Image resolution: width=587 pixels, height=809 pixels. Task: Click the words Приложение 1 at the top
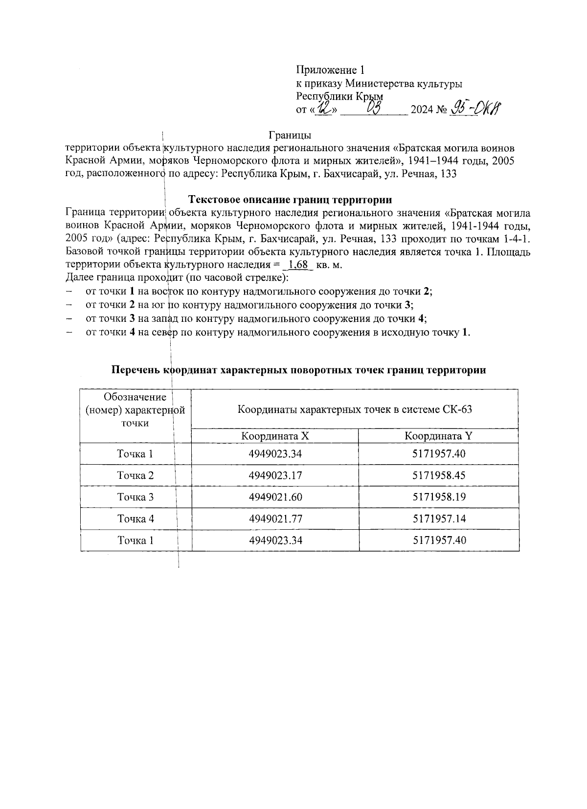tap(331, 70)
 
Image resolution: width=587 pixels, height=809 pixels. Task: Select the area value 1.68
tap(298, 265)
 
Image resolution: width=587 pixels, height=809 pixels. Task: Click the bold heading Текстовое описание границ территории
tap(290, 200)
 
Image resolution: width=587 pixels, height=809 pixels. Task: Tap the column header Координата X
tap(275, 436)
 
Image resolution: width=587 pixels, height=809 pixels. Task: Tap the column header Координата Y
tap(438, 436)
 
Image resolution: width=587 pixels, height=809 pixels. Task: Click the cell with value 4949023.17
tap(275, 475)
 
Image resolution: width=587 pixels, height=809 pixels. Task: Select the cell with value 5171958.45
tap(439, 475)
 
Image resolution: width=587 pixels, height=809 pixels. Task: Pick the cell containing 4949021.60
tap(275, 497)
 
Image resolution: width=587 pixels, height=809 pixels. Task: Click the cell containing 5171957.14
tap(439, 518)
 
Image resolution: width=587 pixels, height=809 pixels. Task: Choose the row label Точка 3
tap(135, 497)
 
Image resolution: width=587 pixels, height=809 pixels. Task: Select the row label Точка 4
tap(135, 518)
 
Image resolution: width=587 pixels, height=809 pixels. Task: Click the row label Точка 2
tap(135, 475)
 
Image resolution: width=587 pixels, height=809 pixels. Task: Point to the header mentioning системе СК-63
tap(355, 409)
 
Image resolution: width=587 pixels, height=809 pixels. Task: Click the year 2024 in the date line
tap(421, 110)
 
